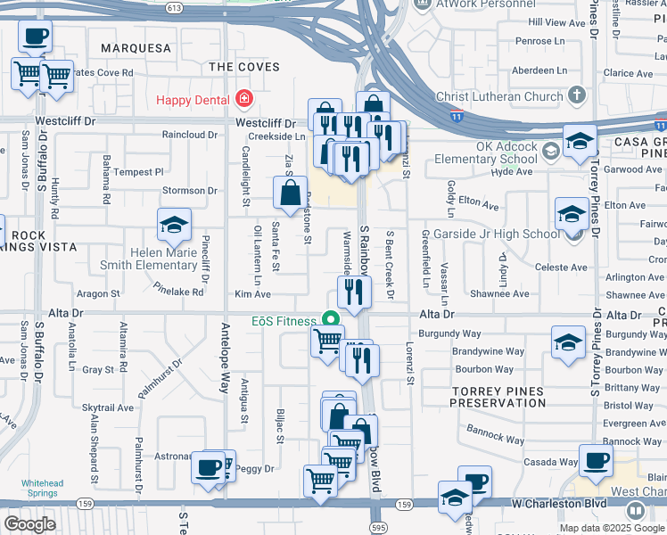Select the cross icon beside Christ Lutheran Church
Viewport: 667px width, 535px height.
coord(576,95)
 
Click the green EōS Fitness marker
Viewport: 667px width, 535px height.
coord(331,320)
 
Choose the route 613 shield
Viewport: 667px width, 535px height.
coord(175,7)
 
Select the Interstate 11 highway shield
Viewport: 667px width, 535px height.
coord(457,115)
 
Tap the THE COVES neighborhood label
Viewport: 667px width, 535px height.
coord(243,67)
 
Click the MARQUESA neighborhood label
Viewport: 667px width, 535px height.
coord(136,46)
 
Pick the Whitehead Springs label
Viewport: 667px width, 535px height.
coord(42,488)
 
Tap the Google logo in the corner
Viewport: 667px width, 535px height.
coord(29,524)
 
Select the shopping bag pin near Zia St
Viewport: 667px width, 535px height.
coord(290,191)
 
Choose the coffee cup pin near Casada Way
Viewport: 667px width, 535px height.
coord(595,460)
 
